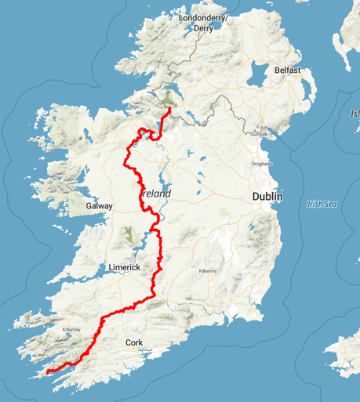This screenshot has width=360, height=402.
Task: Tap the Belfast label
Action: coord(288,70)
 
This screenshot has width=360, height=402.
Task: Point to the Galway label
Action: coord(100,206)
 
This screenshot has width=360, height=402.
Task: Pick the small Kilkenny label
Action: coord(207,270)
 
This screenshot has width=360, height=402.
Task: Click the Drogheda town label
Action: coord(260,164)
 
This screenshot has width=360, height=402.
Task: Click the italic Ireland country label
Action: coord(156,193)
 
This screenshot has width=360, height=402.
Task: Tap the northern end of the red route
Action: coord(170,109)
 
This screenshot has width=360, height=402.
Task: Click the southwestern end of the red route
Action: coord(46,371)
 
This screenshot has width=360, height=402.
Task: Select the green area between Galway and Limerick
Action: coord(126,234)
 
